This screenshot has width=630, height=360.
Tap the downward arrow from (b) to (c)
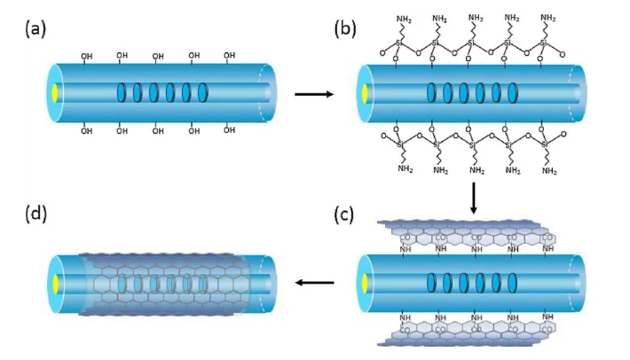[475, 196]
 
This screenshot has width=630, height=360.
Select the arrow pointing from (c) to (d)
[315, 283]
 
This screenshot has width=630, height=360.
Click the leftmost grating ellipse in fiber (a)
[122, 92]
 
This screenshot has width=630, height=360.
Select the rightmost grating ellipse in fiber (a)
[203, 92]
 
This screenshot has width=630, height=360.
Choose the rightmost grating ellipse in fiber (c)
[511, 282]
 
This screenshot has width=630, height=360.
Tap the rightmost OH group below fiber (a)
[229, 129]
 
